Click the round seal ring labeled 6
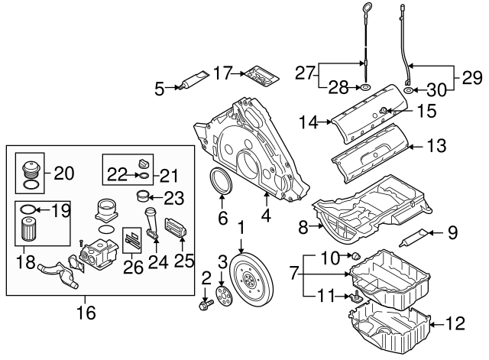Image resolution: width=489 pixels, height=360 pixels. tap(222, 186)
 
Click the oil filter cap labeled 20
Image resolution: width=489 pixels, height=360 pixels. tap(30, 170)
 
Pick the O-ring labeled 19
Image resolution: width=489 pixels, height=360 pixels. tap(27, 209)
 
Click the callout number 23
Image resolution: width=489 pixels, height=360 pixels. tap(174, 198)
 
